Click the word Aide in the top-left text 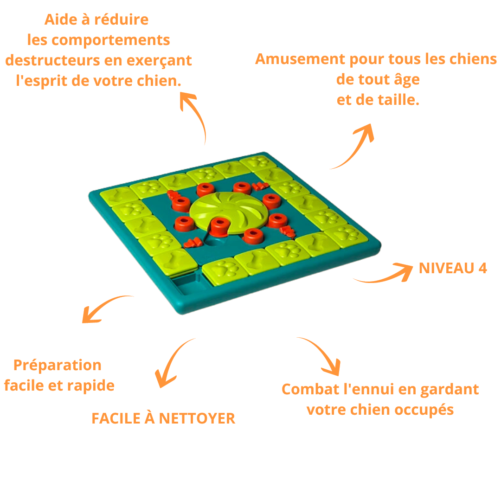point(61,19)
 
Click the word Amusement point(300,59)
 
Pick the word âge point(407,79)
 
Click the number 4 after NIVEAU point(482,268)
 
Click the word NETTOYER point(197,418)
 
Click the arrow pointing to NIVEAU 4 point(384,276)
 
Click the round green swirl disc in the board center point(229,212)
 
